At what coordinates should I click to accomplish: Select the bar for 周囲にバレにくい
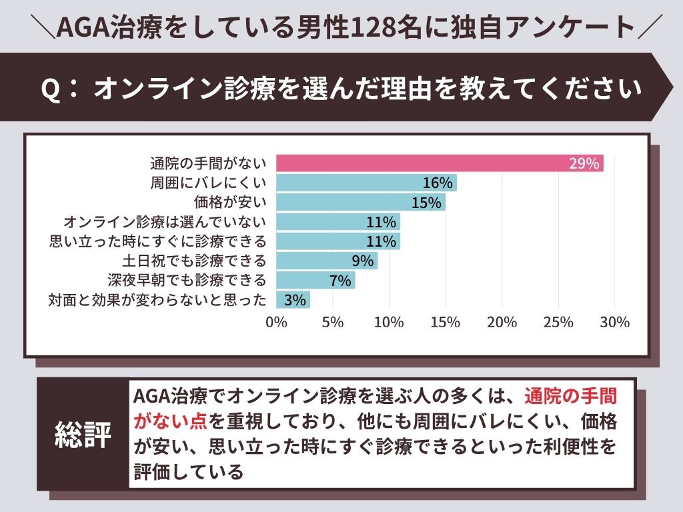[366, 183]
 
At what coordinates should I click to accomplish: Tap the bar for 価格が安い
[360, 203]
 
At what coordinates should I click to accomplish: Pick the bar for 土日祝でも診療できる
[327, 261]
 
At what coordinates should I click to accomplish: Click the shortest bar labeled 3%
[293, 299]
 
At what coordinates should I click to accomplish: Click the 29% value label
[584, 163]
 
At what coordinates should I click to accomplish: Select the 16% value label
[438, 183]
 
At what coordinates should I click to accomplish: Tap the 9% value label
[362, 261]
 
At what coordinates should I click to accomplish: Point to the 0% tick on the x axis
[276, 322]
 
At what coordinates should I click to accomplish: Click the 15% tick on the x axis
[445, 322]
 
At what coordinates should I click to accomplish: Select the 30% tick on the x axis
[614, 322]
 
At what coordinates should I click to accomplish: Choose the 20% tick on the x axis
[502, 322]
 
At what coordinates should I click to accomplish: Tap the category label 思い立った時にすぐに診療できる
[158, 241]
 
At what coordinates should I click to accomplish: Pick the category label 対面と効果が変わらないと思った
[157, 299]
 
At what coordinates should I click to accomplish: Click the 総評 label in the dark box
[83, 434]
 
